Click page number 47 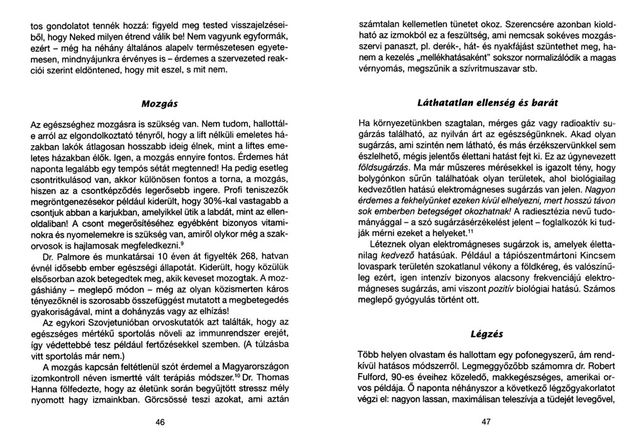486,423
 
